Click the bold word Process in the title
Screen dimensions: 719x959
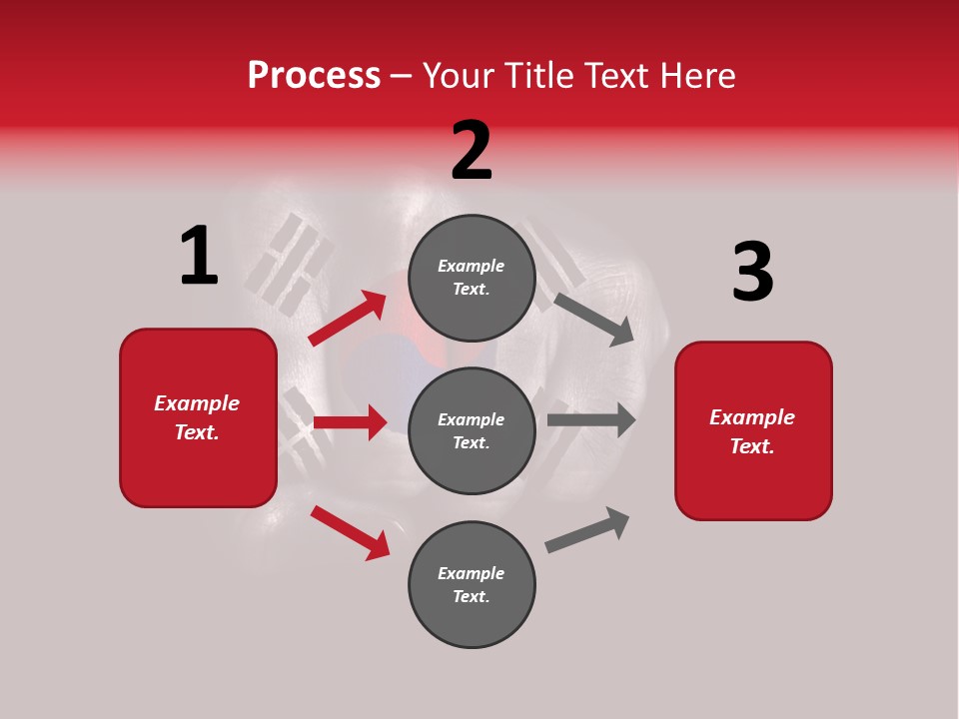tap(314, 76)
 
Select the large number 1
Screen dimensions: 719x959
tap(199, 257)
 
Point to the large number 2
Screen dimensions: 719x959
tap(472, 151)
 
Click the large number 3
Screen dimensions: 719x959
tap(752, 273)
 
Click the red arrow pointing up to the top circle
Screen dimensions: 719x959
tap(348, 319)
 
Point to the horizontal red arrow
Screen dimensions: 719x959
tap(350, 422)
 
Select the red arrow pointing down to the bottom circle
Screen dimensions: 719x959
tap(350, 532)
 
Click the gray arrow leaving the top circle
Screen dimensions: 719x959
tap(593, 319)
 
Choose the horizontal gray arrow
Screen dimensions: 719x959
tap(590, 419)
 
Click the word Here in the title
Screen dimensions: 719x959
tap(698, 76)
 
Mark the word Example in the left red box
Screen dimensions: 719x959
tap(197, 403)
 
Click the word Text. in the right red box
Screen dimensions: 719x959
tap(752, 446)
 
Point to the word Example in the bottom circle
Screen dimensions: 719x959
tap(472, 573)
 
